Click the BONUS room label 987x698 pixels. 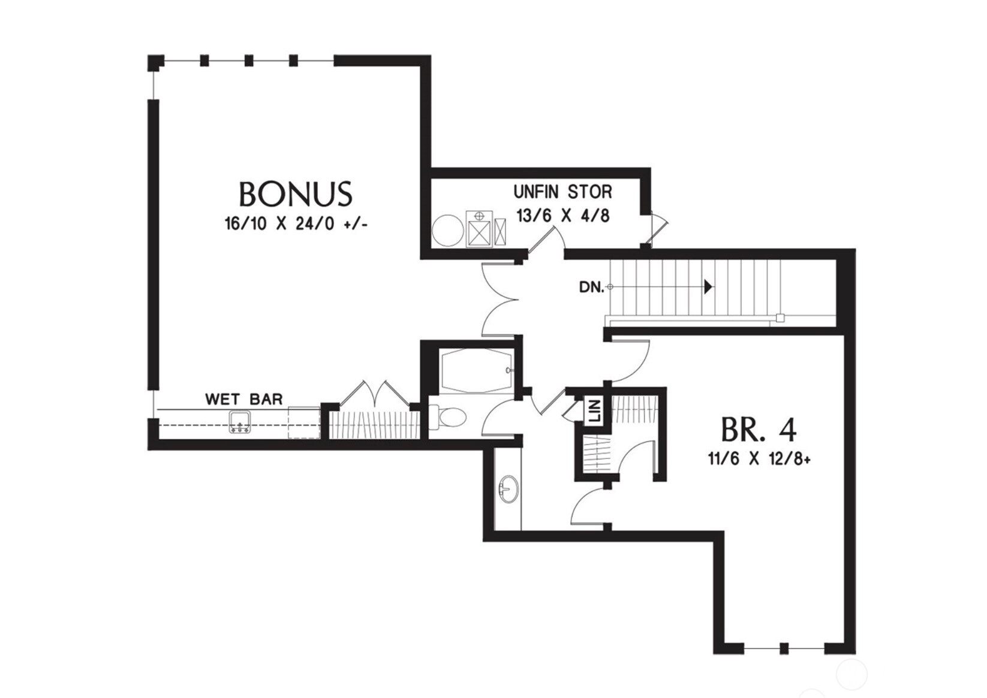point(295,194)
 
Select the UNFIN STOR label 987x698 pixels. point(562,192)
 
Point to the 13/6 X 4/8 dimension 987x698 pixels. point(562,215)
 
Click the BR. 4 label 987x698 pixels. point(759,430)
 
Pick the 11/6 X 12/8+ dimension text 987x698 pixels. point(759,460)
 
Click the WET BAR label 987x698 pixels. point(243,399)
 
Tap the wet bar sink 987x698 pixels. point(240,422)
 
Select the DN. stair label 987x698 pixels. point(591,287)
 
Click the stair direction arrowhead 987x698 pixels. point(708,287)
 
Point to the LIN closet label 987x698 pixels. point(594,412)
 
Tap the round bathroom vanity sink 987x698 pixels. point(509,489)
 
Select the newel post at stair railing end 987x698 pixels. point(780,318)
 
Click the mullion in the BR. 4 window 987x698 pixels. point(784,648)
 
